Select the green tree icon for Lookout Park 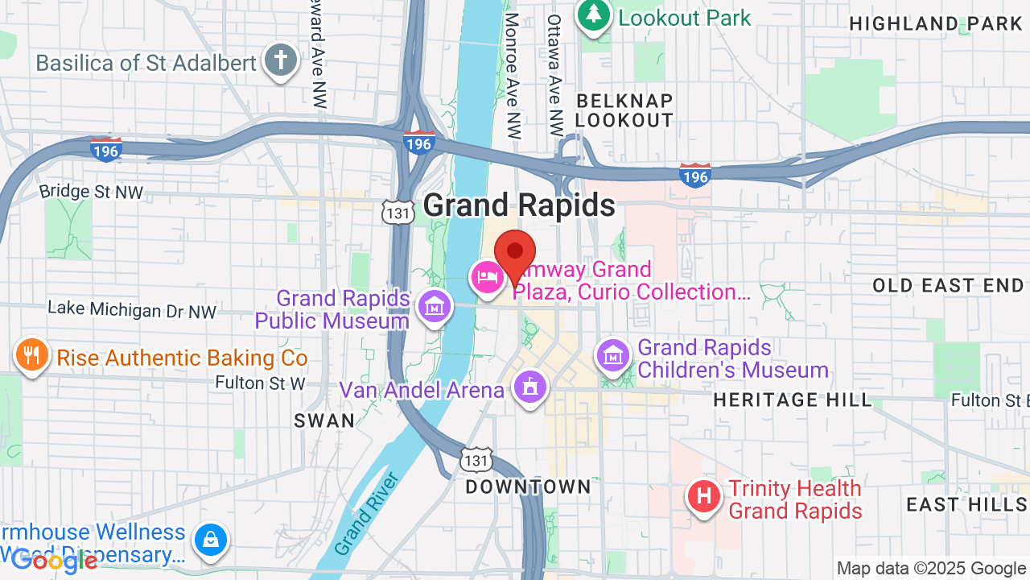(x=594, y=16)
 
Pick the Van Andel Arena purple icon (x=530, y=389)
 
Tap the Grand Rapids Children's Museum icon (x=614, y=354)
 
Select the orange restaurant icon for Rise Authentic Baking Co (x=31, y=356)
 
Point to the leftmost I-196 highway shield (x=106, y=149)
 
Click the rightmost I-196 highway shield (x=694, y=176)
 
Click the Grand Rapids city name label (x=519, y=206)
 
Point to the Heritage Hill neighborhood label (x=792, y=400)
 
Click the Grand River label (x=366, y=513)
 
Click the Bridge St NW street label (x=91, y=193)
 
